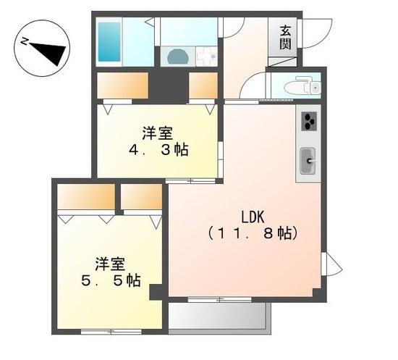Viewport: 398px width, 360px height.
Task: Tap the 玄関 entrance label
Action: pyautogui.click(x=285, y=37)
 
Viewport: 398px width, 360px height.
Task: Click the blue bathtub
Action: pyautogui.click(x=109, y=41)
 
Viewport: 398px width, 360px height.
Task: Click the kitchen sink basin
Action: pyautogui.click(x=308, y=157)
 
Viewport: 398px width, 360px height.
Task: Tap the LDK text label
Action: pyautogui.click(x=253, y=217)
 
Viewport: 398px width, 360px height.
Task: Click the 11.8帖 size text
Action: pyautogui.click(x=253, y=234)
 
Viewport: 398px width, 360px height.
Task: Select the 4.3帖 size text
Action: pyautogui.click(x=158, y=151)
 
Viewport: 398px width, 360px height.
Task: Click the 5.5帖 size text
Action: pyautogui.click(x=111, y=279)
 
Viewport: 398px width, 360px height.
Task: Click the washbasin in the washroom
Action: pyautogui.click(x=177, y=57)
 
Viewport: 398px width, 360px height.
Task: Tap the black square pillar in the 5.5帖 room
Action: pyautogui.click(x=156, y=291)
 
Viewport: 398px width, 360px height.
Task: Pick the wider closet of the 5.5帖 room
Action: pyautogui.click(x=86, y=196)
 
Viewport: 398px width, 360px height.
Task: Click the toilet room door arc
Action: pyautogui.click(x=253, y=88)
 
